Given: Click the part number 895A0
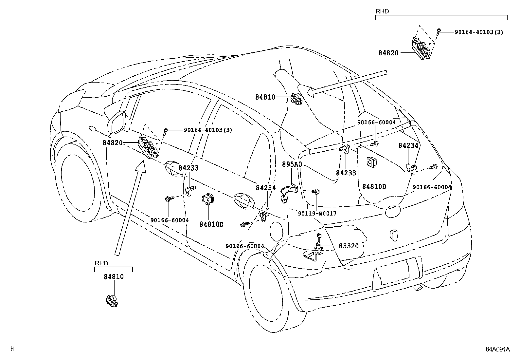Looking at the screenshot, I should coord(292,164).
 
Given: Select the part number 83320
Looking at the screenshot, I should coord(349,246).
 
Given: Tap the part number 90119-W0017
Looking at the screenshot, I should coord(317,214).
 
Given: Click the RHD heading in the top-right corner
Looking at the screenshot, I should coord(382,11).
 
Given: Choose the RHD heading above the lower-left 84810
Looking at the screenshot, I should coord(101,263).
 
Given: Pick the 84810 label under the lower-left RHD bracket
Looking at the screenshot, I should coord(114,277).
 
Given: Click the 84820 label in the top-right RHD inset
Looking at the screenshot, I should coord(388,53).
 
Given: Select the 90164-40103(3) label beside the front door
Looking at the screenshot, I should coord(208,130).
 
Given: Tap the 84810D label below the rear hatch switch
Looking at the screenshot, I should coord(374,187).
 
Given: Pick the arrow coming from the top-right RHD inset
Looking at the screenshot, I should coord(347,84).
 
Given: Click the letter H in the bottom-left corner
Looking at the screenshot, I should coord(12,349).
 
